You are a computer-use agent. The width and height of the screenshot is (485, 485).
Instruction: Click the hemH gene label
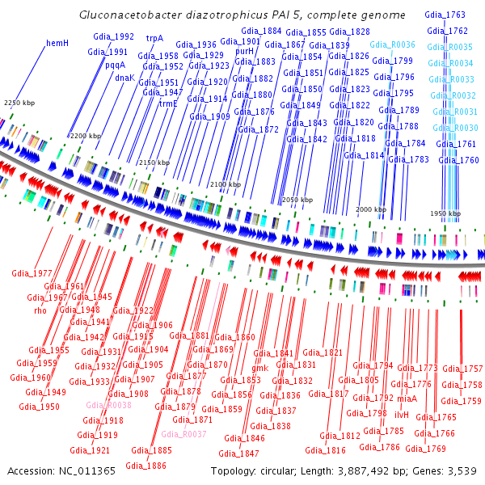(57, 42)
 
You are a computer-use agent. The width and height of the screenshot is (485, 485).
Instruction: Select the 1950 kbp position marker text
(444, 213)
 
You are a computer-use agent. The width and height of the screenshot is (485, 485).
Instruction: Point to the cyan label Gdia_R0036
(392, 44)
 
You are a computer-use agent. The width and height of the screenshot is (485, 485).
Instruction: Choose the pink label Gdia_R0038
(108, 405)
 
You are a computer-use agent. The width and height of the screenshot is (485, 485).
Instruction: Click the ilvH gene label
(401, 414)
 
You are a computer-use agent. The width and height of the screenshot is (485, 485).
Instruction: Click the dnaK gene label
(124, 78)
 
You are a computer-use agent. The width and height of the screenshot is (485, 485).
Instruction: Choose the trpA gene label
(154, 37)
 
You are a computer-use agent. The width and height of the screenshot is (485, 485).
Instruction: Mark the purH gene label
(245, 51)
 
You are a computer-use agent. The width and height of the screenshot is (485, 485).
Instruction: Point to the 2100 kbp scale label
(225, 185)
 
